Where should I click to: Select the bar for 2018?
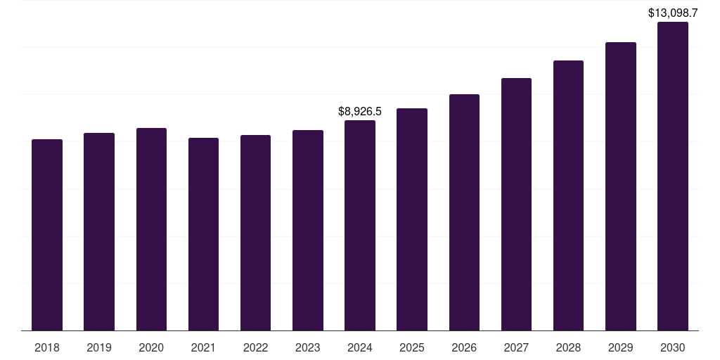[47, 235]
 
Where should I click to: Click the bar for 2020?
[151, 229]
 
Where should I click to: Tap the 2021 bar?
[203, 234]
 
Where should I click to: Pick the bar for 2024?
[360, 225]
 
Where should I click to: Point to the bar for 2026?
[464, 212]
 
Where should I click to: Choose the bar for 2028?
[568, 195]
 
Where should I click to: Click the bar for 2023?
[308, 230]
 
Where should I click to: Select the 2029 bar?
[620, 186]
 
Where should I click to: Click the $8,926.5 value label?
[360, 111]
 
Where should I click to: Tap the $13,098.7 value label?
[672, 13]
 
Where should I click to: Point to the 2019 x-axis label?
[99, 347]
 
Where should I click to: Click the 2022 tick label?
[255, 347]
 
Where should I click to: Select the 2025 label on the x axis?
[412, 347]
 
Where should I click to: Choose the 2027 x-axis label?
[516, 347]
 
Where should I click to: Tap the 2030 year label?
[672, 347]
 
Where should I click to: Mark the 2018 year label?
[47, 347]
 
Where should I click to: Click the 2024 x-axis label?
[360, 347]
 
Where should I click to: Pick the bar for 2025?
[412, 219]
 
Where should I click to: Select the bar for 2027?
[516, 204]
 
